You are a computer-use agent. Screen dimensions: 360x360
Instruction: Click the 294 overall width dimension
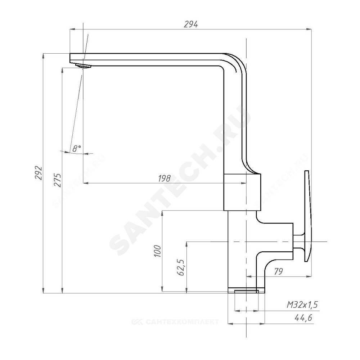point(191,24)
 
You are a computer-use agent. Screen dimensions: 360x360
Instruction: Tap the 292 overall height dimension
point(39,172)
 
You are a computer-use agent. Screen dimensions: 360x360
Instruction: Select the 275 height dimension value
point(58,180)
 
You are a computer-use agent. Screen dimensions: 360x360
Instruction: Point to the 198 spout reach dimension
point(165,178)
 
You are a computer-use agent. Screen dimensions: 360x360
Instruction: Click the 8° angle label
point(76,149)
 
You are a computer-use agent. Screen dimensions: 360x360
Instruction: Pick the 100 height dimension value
point(158,251)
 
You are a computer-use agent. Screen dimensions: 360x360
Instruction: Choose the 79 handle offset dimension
point(278,271)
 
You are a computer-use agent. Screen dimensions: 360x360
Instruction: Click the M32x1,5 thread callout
point(302,305)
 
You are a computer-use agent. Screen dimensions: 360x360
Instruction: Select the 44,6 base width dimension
point(303,318)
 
